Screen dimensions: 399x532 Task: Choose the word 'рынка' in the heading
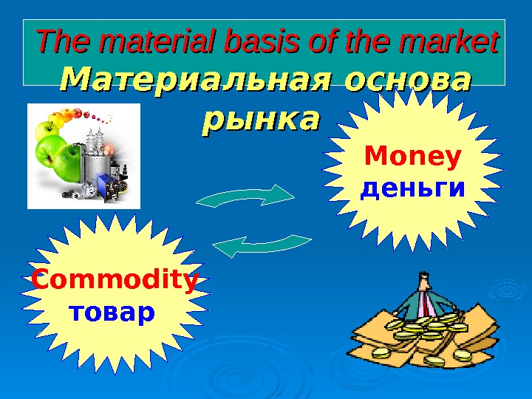coord(261,117)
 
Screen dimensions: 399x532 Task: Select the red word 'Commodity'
coord(115,282)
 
